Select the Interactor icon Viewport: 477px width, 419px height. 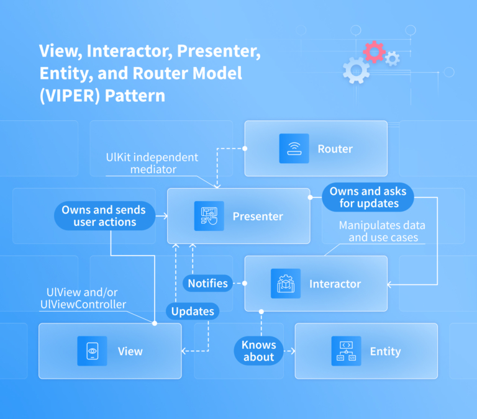(x=286, y=284)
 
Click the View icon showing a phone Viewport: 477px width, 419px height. (x=92, y=351)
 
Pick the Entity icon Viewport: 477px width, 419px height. (x=346, y=351)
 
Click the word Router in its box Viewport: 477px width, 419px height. (x=335, y=149)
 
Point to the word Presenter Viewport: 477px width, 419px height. (x=258, y=217)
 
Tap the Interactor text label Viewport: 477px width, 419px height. (x=335, y=284)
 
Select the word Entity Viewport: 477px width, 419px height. (x=385, y=351)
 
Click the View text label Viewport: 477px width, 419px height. (x=130, y=351)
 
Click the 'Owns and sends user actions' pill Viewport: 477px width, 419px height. (x=104, y=216)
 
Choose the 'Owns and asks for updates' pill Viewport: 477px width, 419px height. (x=363, y=197)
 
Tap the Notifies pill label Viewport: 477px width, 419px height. (x=207, y=284)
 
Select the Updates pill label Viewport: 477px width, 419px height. (x=193, y=311)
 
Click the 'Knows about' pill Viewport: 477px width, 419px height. (x=258, y=351)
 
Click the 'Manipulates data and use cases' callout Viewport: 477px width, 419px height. (x=378, y=232)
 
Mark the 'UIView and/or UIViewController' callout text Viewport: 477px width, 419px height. (x=86, y=299)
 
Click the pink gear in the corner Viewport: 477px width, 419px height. (x=374, y=52)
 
